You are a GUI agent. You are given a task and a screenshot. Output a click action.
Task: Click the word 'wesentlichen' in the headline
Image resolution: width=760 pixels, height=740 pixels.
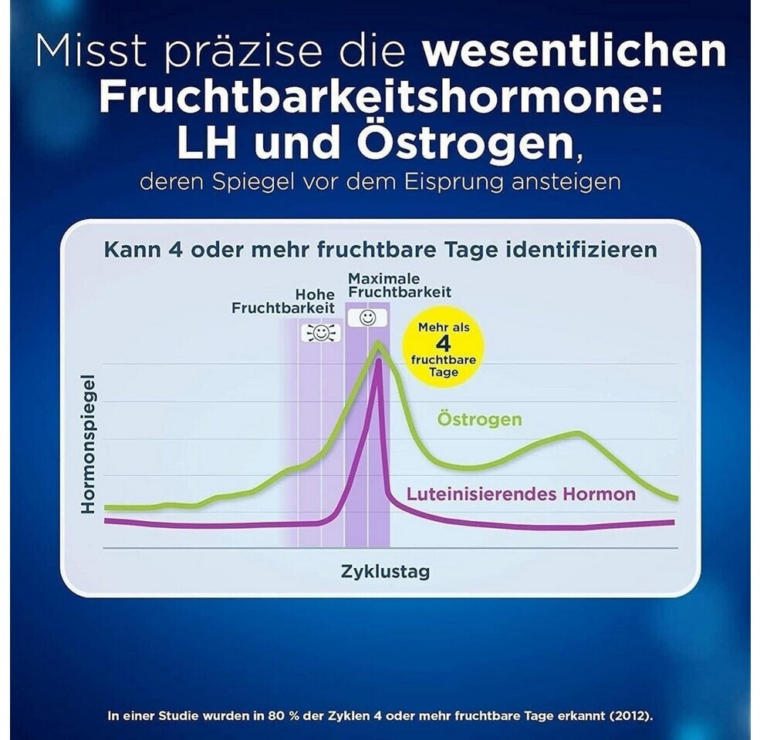[574, 52]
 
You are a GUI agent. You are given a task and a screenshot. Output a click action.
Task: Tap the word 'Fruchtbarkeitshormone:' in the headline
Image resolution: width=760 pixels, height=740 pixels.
[380, 98]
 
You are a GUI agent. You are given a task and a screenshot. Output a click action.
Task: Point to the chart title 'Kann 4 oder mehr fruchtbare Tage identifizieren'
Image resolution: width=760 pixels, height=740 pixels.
[380, 250]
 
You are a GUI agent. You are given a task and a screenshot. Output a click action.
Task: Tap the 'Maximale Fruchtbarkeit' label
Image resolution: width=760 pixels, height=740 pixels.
[399, 285]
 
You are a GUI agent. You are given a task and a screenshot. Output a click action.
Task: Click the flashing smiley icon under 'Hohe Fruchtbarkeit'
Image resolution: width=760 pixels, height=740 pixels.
[321, 331]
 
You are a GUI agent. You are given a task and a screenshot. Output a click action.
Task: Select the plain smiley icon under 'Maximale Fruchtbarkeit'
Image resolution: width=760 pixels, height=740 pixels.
[367, 317]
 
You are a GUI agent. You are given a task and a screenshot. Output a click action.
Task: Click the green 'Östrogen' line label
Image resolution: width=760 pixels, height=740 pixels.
[479, 420]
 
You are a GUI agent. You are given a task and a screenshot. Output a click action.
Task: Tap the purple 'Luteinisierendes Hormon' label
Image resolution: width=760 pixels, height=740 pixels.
[521, 494]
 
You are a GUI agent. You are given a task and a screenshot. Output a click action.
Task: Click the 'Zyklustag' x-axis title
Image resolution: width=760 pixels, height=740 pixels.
[385, 572]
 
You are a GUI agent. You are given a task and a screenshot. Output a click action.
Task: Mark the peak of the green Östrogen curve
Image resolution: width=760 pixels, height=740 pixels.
[378, 344]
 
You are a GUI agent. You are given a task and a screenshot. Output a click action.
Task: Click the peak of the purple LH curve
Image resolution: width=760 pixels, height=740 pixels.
[378, 361]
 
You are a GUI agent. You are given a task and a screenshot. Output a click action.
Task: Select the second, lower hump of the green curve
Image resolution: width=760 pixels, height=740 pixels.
[575, 434]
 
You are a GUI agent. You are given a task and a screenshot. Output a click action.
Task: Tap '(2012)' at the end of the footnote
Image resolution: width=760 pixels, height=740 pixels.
[629, 716]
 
